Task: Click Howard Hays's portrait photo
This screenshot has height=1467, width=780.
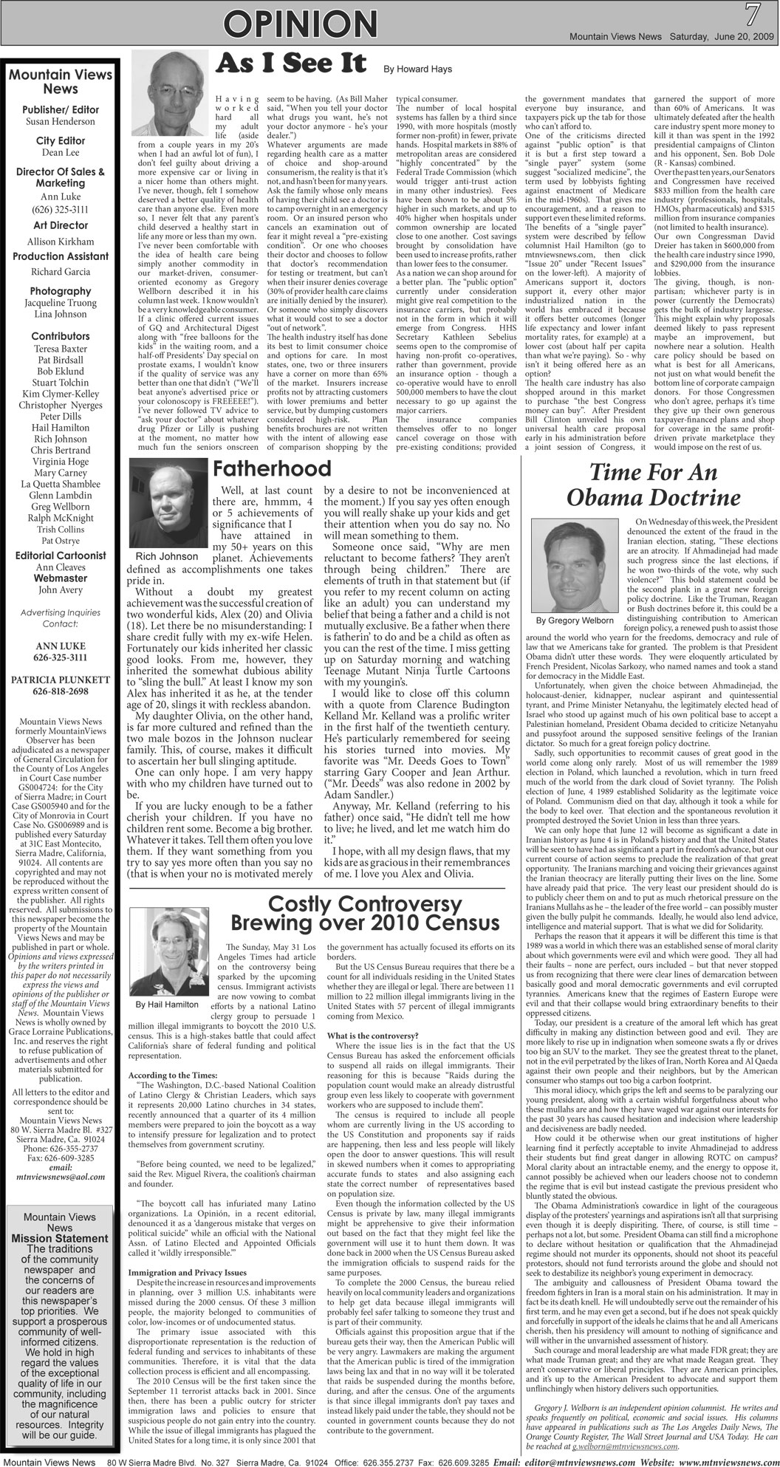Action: (171, 93)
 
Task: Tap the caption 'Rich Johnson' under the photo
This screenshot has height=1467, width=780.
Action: (167, 556)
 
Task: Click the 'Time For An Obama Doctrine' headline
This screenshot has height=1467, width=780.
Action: (649, 484)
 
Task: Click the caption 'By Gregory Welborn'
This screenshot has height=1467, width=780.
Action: (575, 620)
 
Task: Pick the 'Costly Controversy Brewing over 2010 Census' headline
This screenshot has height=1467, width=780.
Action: (364, 914)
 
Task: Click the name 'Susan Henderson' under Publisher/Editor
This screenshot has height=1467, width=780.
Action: (60, 121)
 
